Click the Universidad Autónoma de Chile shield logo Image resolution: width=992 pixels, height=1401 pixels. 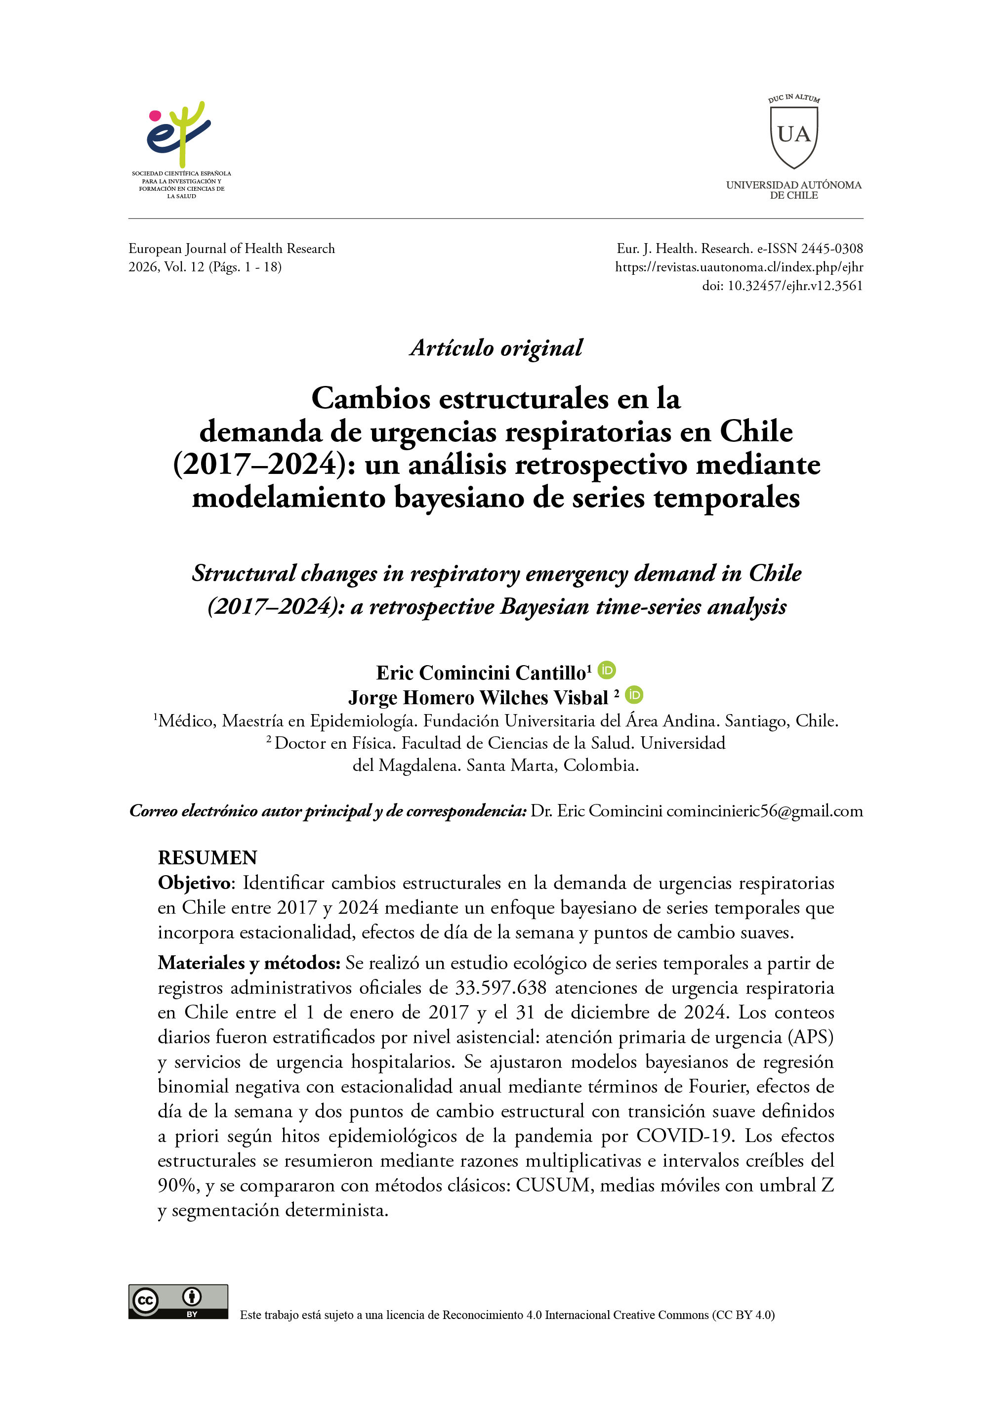(793, 137)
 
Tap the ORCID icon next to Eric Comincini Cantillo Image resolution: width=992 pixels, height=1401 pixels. (607, 670)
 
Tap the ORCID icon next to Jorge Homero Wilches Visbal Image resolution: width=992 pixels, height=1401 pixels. (634, 695)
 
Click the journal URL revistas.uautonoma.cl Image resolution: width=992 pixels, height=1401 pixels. (739, 267)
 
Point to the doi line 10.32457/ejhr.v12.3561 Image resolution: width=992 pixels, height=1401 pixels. (782, 286)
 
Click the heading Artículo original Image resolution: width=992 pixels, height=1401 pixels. (496, 348)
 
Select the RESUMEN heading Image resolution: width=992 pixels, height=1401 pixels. (207, 858)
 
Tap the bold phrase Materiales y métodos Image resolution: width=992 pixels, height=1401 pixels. (248, 963)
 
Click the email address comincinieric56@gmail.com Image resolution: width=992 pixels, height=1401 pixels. (764, 811)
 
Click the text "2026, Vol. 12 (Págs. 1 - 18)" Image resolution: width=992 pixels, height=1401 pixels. (205, 267)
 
